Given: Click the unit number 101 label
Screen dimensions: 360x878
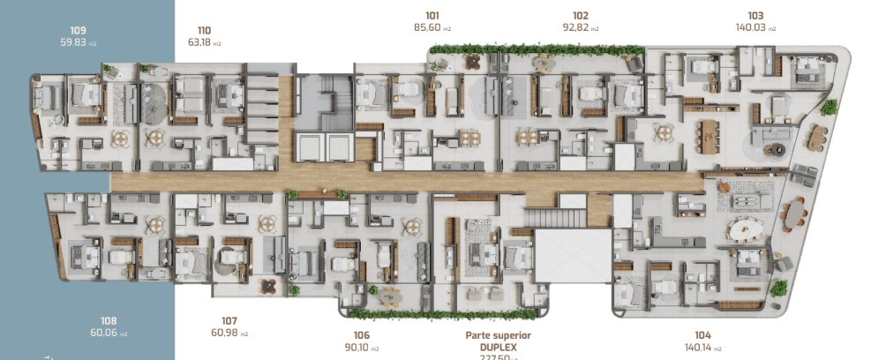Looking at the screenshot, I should tap(432, 15).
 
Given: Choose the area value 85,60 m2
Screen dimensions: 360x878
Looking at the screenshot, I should tap(439, 27).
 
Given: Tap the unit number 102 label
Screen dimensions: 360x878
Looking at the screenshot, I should tap(580, 15).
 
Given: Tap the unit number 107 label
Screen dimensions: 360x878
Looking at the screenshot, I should tap(229, 320).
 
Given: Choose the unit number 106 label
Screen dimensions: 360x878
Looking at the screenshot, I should tap(361, 335).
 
